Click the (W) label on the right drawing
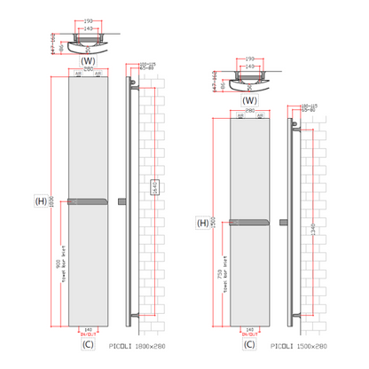[x=249, y=100]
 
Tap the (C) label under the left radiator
[x=88, y=343]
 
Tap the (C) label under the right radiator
[x=249, y=343]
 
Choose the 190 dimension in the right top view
[x=249, y=58]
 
